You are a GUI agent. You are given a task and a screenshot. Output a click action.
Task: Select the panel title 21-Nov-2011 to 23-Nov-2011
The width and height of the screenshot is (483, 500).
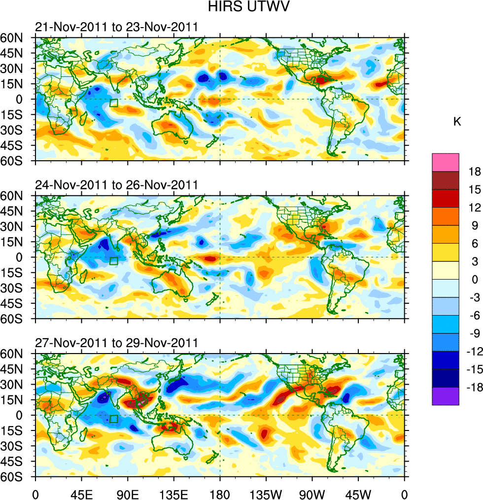coord(116,27)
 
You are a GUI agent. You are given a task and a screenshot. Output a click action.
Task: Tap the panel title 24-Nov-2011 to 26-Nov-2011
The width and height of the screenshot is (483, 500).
coord(116,185)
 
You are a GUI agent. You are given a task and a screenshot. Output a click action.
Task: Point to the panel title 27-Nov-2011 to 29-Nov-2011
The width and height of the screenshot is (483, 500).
coord(116,343)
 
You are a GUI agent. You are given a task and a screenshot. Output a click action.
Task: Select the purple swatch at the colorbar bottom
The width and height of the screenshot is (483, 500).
coord(446,396)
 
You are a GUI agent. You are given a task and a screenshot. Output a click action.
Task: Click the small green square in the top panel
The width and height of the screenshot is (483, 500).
coord(114,103)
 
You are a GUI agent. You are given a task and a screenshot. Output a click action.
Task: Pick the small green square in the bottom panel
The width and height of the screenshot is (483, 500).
coord(114,419)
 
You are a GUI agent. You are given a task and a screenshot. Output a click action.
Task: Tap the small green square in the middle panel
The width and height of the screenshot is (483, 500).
coord(114,261)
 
